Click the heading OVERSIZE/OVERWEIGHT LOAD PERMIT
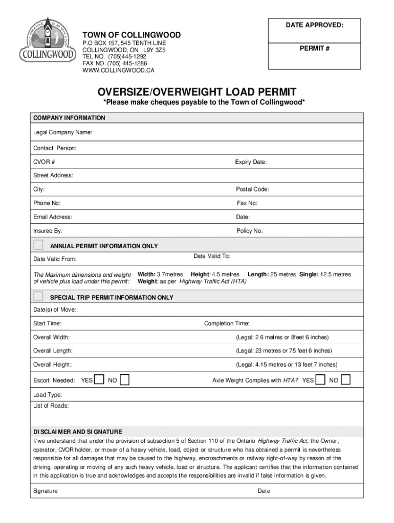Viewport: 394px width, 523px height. point(197,92)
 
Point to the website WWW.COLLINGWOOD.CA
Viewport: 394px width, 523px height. point(118,70)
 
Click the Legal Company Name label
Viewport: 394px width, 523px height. point(63,133)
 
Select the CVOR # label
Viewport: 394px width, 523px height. point(45,162)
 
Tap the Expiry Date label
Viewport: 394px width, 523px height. point(251,162)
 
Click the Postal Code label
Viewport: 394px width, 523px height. point(252,189)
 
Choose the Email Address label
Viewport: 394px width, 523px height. point(53,217)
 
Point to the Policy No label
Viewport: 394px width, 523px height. point(250,231)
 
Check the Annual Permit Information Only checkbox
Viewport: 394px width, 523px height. point(38,245)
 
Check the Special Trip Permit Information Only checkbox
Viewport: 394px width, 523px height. point(38,296)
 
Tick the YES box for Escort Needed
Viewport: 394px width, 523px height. point(100,379)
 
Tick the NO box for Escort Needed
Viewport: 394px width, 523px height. point(124,379)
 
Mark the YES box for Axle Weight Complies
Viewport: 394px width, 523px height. point(321,379)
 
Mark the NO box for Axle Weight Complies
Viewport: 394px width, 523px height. point(346,379)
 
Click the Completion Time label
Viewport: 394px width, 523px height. point(227,323)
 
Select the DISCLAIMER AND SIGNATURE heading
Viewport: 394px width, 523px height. point(78,432)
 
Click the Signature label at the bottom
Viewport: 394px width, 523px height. point(46,491)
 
